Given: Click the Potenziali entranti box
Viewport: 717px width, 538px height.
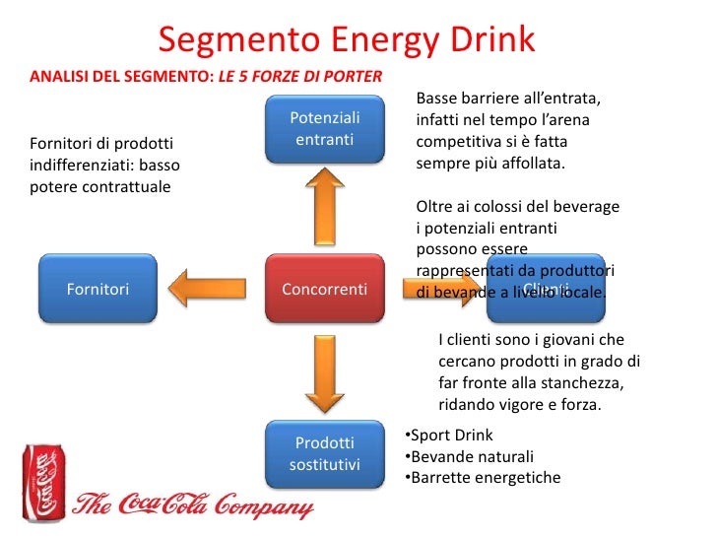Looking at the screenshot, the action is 324,129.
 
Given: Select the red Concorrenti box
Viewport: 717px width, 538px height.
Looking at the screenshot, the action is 324,289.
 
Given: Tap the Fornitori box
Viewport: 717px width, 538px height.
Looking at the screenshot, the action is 98,289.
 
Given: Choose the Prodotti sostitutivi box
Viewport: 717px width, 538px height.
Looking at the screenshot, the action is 324,453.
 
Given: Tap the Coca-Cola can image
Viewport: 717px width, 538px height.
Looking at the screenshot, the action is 41,482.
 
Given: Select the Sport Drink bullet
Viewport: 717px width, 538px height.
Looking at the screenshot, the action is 449,435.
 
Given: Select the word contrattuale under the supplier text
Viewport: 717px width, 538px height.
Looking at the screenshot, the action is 125,184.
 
